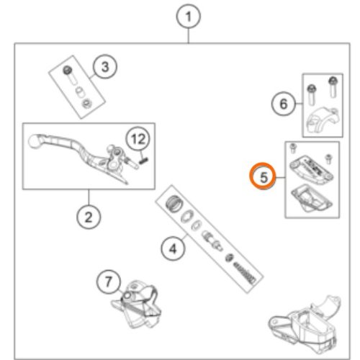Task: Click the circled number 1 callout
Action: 188,17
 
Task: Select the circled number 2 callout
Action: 89,217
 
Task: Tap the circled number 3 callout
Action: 105,66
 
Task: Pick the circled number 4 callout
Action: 173,248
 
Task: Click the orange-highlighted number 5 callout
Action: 264,176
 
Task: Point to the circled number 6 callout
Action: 284,104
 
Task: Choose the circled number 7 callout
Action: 109,282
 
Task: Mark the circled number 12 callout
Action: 138,139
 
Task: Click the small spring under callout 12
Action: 143,160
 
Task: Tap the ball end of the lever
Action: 34,141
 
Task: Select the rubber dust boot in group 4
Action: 174,204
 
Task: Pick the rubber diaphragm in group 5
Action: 312,198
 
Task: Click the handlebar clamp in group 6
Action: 323,120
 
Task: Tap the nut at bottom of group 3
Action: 86,104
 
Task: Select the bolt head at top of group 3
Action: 67,71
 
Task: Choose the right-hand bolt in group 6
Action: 333,87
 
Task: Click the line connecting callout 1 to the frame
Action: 189,36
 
